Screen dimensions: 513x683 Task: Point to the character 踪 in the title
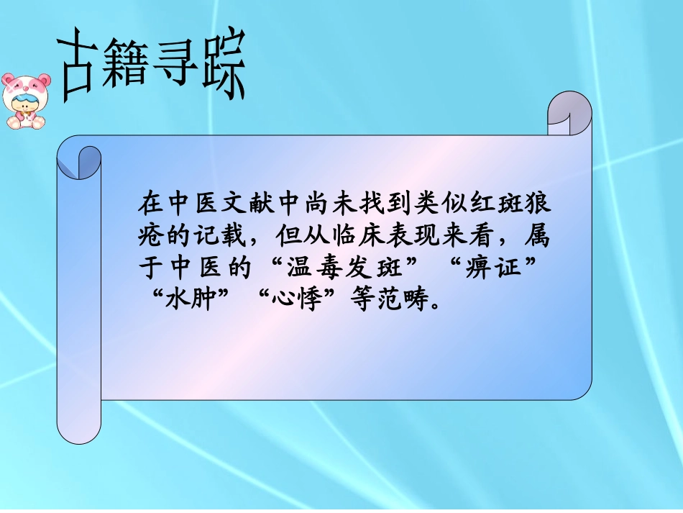[221, 64]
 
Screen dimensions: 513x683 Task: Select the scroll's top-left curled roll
[79, 161]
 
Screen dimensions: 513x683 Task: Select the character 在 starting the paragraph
[150, 204]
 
